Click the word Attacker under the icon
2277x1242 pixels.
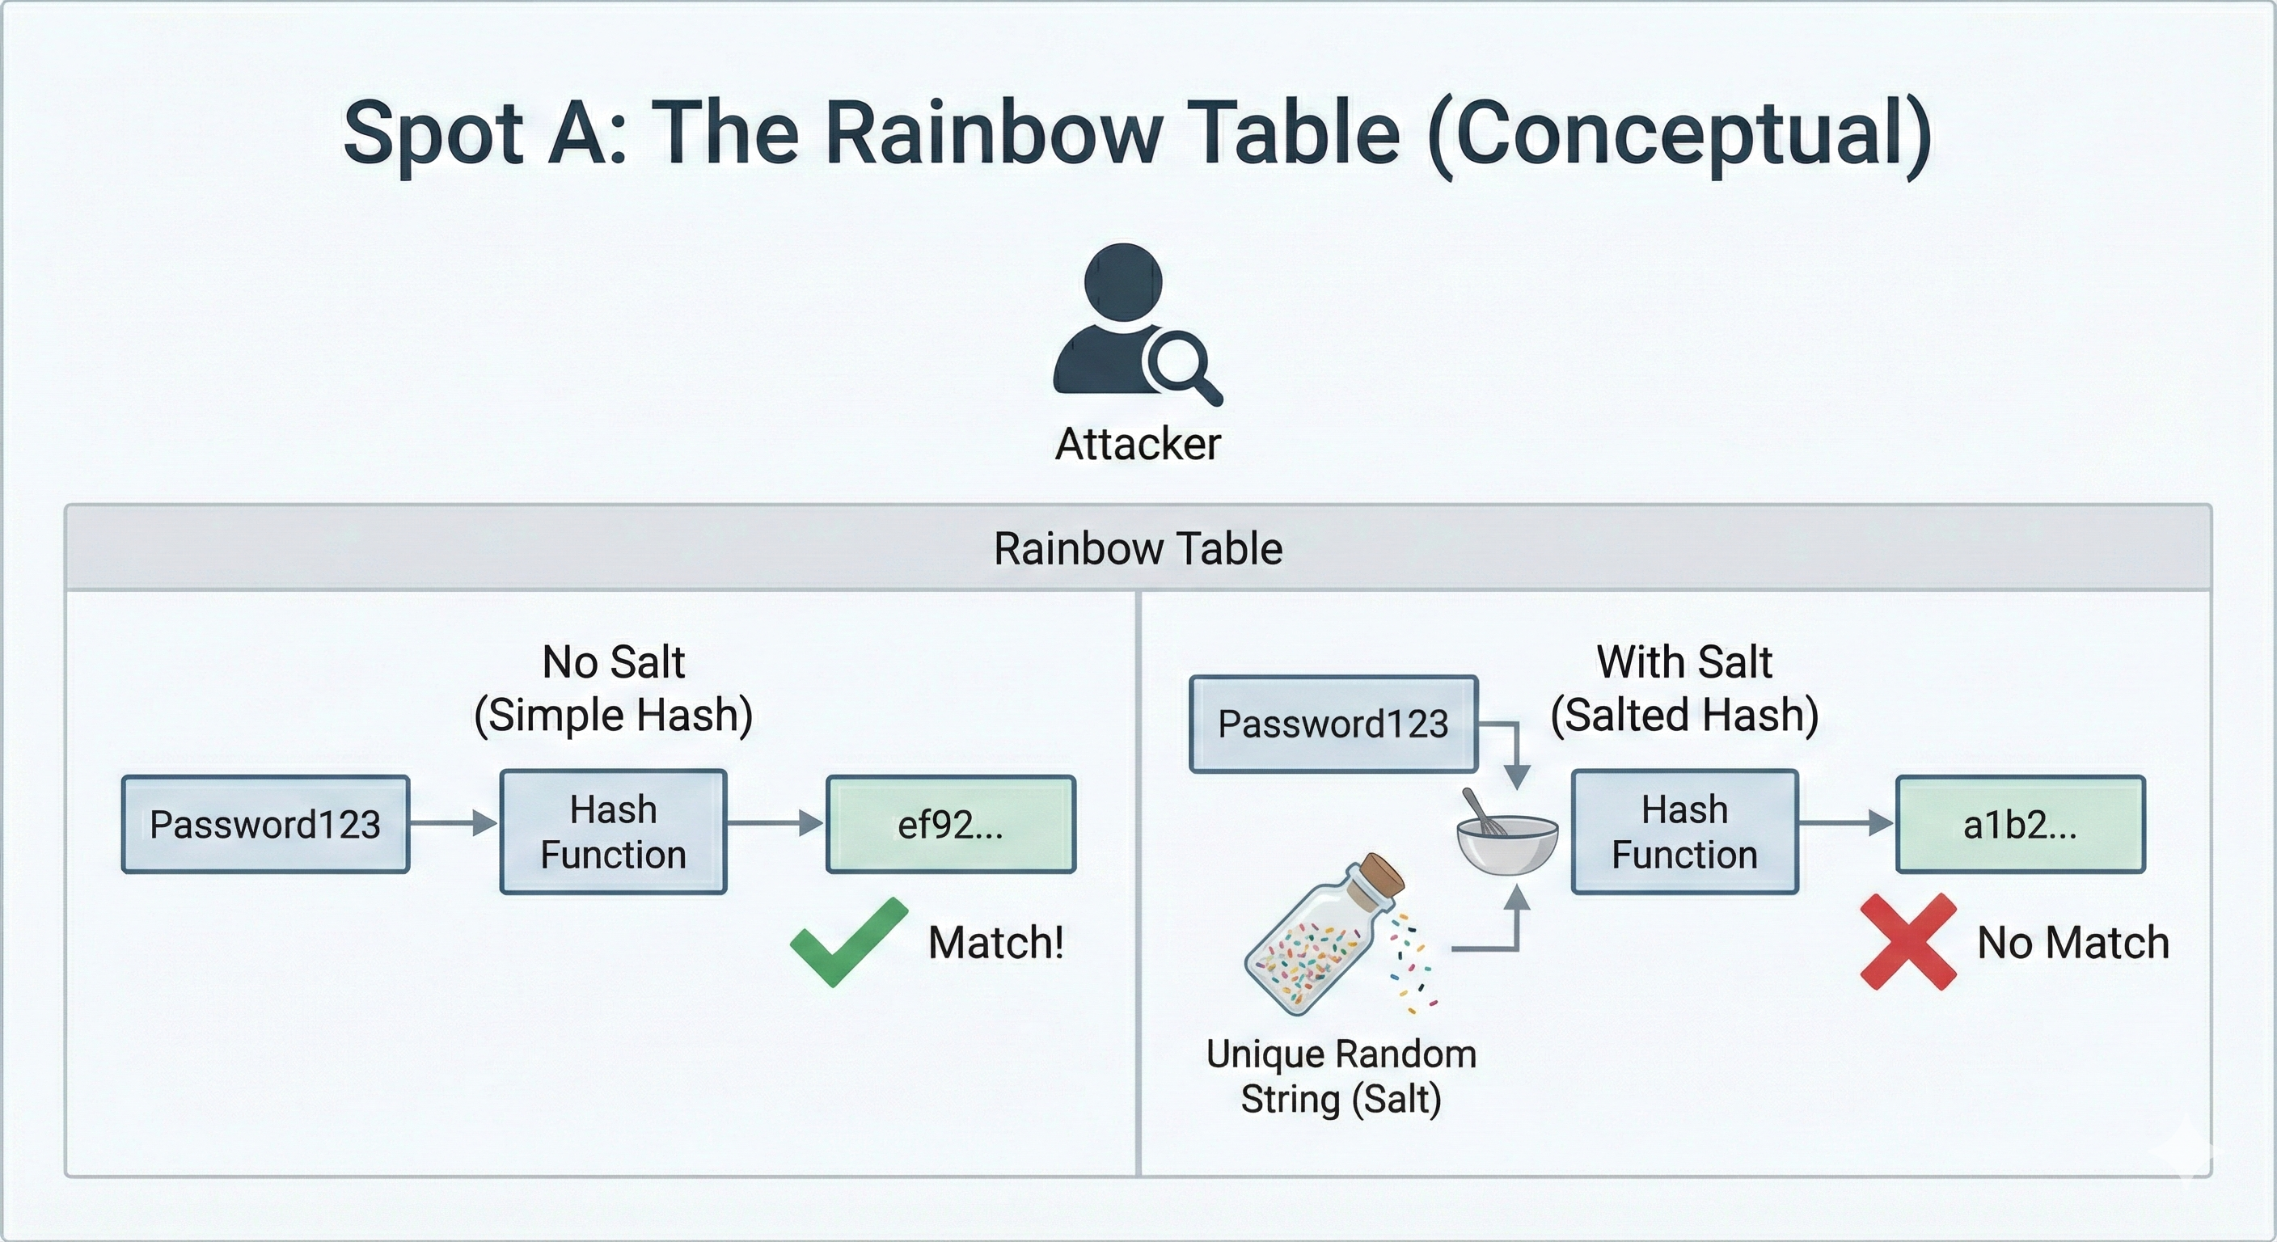click(x=1138, y=444)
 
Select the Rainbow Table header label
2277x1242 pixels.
click(x=1138, y=548)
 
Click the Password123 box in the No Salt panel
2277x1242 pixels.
click(x=265, y=824)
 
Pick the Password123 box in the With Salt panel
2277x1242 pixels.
click(x=1333, y=724)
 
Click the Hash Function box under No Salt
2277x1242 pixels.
click(x=614, y=832)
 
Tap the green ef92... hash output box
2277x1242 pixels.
click(x=950, y=824)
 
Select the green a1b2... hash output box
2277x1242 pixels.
click(x=2020, y=824)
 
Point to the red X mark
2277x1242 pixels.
click(x=1907, y=941)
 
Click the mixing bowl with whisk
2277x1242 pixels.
click(x=1506, y=843)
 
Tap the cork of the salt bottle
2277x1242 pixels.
click(x=1382, y=875)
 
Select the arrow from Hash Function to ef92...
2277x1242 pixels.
click(x=775, y=824)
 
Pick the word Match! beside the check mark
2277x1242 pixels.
click(x=996, y=942)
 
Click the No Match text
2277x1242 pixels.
click(x=2072, y=942)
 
